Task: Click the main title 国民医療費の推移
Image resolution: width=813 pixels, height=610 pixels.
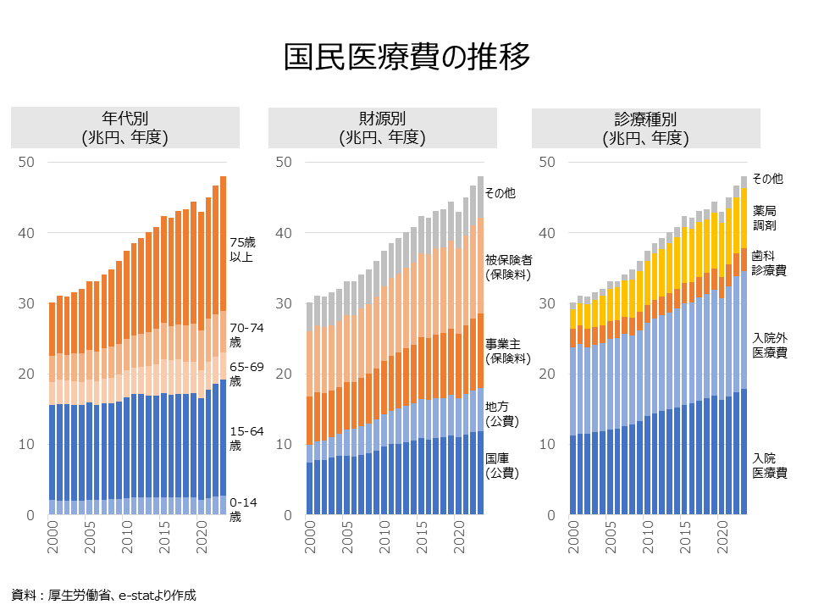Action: (x=406, y=57)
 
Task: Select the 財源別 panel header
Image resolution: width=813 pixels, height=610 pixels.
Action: (x=382, y=127)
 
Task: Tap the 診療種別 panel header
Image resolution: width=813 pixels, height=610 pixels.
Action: (x=645, y=127)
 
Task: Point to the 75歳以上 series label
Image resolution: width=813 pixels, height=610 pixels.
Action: (x=242, y=248)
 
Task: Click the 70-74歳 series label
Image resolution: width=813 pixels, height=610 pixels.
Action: (x=246, y=334)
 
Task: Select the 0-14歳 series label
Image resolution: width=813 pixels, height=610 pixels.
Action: (x=244, y=509)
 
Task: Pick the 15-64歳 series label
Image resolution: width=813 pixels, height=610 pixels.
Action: (x=246, y=438)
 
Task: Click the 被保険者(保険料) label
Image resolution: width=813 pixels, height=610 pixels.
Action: (x=507, y=267)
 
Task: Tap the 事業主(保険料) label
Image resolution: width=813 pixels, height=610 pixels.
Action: (x=507, y=351)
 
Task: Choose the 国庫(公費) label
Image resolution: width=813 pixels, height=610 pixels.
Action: (x=501, y=465)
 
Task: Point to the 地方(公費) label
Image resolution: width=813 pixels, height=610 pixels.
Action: (x=501, y=413)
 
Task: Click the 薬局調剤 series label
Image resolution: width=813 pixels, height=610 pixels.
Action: (x=764, y=218)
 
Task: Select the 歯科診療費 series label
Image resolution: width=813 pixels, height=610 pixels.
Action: (x=768, y=263)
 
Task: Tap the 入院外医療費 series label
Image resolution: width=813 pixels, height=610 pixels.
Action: (x=769, y=345)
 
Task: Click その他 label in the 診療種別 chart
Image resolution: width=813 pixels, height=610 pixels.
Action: (x=767, y=179)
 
